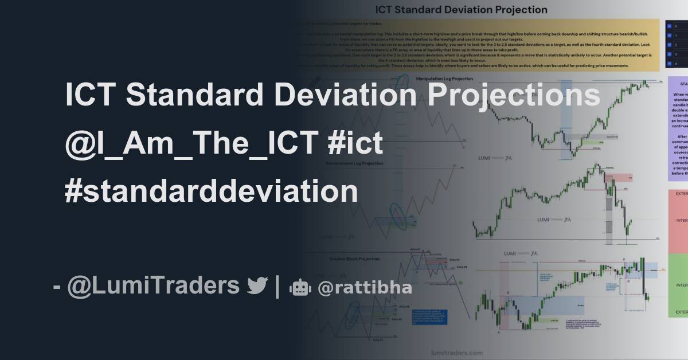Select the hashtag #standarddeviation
pos(211,191)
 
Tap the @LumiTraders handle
pos(153,285)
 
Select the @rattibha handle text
pos(365,287)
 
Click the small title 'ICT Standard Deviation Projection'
pos(461,10)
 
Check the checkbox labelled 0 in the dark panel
pos(669,26)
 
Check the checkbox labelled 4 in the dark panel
pos(669,64)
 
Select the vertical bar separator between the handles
pos(277,285)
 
